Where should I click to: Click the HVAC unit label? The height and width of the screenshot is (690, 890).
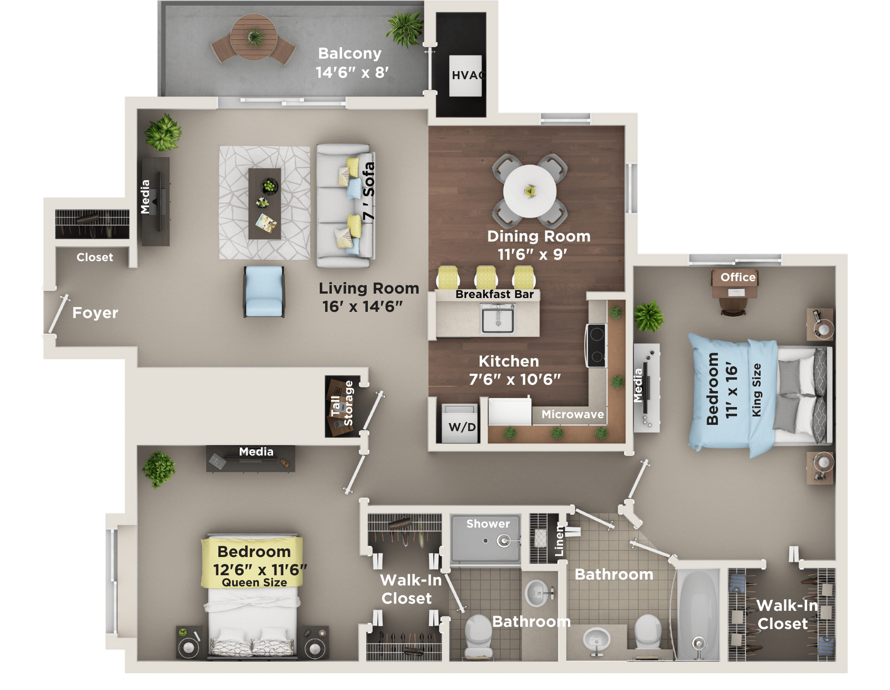point(466,75)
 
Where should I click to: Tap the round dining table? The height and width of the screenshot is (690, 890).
point(530,191)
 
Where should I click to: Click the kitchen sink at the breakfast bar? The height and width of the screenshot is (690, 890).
point(498,318)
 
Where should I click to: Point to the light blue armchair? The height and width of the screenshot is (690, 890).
point(264,291)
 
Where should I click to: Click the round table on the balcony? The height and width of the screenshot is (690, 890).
point(254,37)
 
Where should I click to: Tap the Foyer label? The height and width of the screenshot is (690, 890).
point(95,313)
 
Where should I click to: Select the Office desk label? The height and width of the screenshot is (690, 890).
point(738,277)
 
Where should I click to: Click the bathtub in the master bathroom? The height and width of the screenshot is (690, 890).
point(698,614)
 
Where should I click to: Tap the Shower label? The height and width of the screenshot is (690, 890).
point(488,524)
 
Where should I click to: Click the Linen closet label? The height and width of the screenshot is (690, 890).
point(559,541)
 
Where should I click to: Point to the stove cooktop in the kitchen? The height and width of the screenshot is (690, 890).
point(596,345)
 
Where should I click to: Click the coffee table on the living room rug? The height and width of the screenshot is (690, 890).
point(264,203)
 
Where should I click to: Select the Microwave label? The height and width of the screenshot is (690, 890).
point(573,414)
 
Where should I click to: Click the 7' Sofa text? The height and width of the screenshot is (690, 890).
point(368,191)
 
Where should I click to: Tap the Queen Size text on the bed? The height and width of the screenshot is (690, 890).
point(254,583)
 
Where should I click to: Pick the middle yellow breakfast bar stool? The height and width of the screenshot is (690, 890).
point(486,277)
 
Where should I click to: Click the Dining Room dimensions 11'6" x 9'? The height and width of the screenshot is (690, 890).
point(532,255)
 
